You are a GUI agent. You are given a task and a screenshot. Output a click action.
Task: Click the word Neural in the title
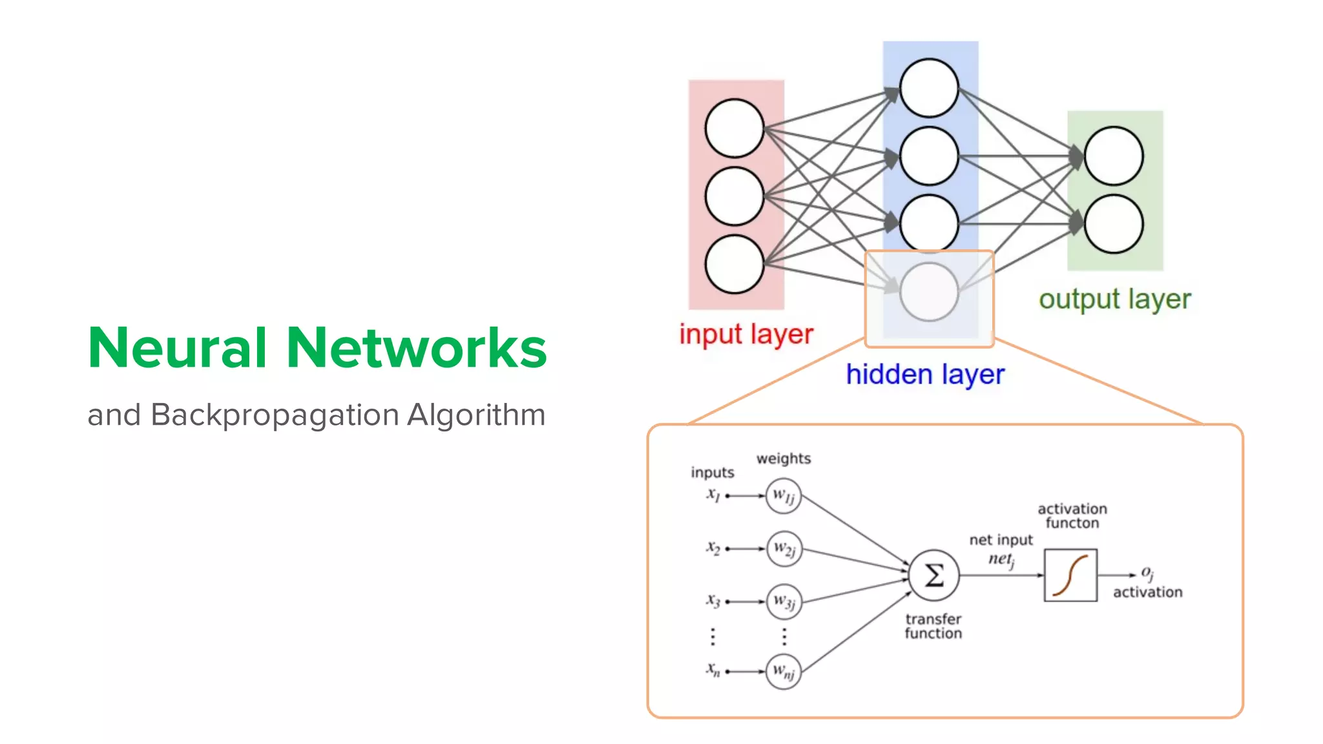point(177,349)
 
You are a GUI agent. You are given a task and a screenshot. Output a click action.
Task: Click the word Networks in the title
point(416,349)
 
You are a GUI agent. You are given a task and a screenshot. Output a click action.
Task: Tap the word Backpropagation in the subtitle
point(275,415)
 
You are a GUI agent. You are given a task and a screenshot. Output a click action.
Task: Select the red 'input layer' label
point(746,335)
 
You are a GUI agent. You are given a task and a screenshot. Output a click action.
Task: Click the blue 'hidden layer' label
point(925,375)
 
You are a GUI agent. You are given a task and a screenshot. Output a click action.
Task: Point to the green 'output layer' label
point(1114,300)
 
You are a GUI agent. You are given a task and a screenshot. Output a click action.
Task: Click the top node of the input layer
point(734,128)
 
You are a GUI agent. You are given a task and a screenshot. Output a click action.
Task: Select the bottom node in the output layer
point(1114,223)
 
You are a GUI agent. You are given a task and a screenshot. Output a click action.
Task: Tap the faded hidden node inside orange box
point(929,292)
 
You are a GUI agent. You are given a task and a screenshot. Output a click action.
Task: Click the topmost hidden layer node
point(929,88)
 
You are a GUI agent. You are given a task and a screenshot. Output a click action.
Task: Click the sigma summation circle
point(933,575)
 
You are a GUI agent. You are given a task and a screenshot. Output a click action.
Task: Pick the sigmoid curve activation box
point(1070,575)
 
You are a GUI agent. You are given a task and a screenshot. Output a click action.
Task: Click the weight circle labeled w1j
point(784,496)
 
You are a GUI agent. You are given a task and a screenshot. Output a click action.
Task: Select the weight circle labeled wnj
point(784,672)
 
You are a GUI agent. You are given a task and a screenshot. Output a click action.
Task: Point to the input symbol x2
point(713,548)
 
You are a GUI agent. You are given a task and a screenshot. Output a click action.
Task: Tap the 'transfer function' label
point(933,626)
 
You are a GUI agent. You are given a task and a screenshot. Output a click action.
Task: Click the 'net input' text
point(1001,540)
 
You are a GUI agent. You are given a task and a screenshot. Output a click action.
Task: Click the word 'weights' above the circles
point(784,459)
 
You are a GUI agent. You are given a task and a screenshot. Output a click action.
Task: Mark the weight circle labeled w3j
point(784,601)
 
